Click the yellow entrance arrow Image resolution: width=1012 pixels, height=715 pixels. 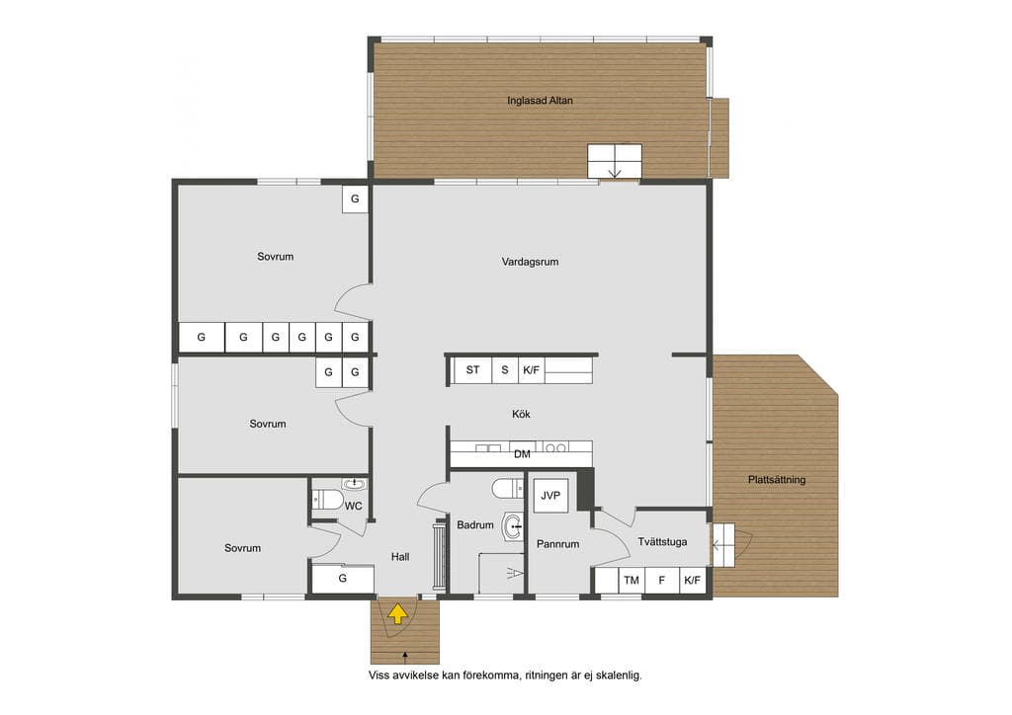(397, 614)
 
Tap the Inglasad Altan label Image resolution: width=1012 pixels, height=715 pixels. (540, 101)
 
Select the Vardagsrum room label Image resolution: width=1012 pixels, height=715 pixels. (530, 262)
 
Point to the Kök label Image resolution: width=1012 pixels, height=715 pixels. (521, 414)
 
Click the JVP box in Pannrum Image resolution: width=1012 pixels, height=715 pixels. (550, 495)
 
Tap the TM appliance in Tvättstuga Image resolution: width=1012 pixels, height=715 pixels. (632, 581)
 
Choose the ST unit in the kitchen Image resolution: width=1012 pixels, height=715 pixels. (472, 370)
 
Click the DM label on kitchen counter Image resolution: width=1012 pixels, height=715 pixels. (522, 454)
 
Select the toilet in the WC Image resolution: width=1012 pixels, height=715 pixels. (327, 500)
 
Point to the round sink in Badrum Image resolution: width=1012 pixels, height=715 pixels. (514, 526)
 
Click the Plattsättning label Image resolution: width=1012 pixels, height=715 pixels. (777, 480)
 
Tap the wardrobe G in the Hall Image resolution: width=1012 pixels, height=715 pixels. (343, 579)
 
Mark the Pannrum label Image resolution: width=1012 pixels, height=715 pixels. (557, 544)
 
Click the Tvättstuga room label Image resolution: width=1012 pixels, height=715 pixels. (662, 541)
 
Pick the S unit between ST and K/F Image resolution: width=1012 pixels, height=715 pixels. (505, 370)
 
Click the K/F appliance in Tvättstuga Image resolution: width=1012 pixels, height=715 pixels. (692, 581)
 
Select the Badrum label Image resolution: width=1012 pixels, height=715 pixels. (475, 524)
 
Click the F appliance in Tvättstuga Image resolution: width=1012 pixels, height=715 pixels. (661, 581)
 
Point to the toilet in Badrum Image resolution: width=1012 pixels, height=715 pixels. (508, 489)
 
